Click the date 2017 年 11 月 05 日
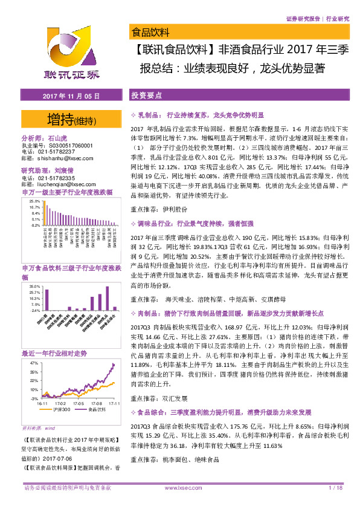coord(67,96)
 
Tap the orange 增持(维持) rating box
coord(71,119)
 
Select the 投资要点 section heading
coord(146,96)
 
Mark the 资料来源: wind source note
coord(39,427)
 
